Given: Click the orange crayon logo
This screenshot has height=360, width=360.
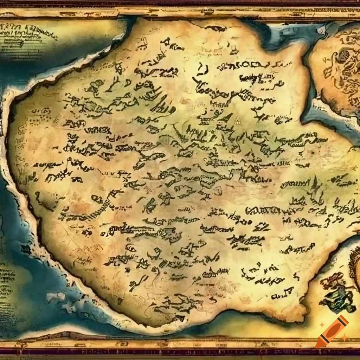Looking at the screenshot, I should coord(332,332).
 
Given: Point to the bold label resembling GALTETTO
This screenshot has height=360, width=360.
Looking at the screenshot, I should coord(264,211).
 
